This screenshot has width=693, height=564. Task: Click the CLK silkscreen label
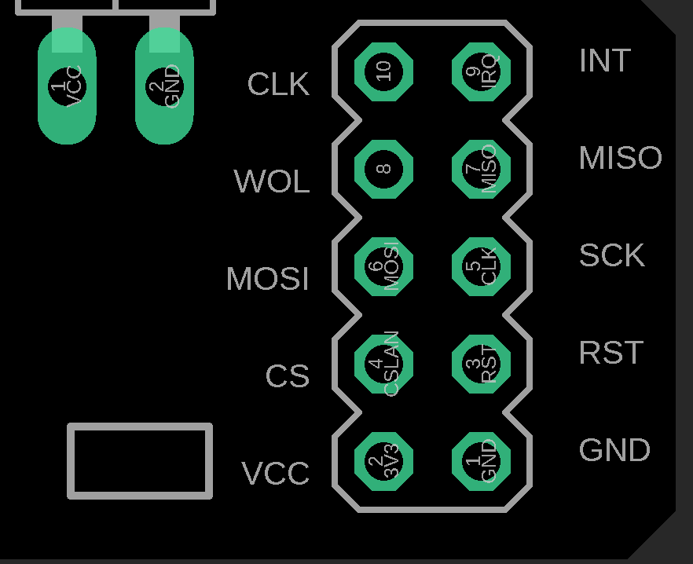coord(277,85)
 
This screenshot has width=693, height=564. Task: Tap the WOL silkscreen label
coord(271,182)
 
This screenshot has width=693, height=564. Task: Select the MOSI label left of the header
coord(267,280)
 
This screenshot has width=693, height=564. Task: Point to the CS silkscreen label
coord(287,377)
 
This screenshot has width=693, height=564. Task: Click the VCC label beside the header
coord(275,474)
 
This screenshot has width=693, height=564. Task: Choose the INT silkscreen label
coord(604,61)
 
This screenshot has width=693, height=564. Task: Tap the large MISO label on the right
coord(620,159)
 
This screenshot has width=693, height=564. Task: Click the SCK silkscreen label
coord(611,256)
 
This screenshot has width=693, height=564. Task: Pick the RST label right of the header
coord(610,353)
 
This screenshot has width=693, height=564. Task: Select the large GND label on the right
coord(614,451)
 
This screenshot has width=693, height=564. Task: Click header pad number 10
coord(383,71)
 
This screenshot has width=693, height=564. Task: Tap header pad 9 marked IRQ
coord(481,71)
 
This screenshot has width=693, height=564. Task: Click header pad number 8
coord(383,169)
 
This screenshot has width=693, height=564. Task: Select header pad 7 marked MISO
coord(481,169)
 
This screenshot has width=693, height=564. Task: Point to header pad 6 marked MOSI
coord(383,266)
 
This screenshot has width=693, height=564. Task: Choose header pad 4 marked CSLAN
coord(383,364)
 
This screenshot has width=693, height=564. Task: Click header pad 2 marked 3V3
coord(383,461)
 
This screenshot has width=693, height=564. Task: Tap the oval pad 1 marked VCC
coord(67,86)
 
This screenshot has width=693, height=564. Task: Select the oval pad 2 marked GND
coord(164,86)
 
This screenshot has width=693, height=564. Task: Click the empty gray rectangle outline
coord(140,461)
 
